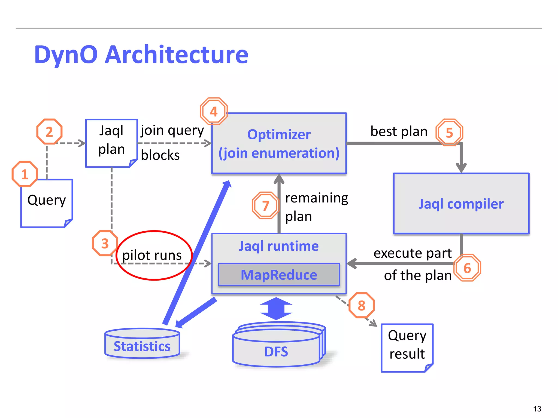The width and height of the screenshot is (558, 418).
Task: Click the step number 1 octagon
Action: pos(25,174)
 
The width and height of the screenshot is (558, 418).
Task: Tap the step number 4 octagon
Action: pos(214,111)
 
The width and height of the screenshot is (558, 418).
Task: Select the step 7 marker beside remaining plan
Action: pos(266,205)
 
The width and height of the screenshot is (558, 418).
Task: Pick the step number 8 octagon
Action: pos(362,305)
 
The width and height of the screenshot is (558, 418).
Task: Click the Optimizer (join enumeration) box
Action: pos(279,143)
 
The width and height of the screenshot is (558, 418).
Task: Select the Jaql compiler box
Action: pos(461,204)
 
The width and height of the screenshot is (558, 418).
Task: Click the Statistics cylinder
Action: pos(142,344)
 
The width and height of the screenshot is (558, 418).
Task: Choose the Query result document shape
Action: pos(407,348)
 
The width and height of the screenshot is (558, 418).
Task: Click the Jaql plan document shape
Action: pos(111,143)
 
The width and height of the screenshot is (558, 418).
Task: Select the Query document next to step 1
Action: pos(47,203)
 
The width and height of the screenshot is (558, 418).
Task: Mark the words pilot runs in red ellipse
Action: pos(152,255)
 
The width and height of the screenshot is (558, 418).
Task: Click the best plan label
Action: pos(399,131)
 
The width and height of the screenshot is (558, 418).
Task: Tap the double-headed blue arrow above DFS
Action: pos(276,309)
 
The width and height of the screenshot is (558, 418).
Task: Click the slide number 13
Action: pos(537,409)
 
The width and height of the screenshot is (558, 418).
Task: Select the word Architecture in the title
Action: pos(176,55)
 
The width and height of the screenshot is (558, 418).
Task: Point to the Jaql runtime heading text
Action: pos(279,246)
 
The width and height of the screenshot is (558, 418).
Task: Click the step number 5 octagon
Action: pos(449,133)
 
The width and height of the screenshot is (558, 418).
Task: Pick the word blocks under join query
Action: pos(160,155)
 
